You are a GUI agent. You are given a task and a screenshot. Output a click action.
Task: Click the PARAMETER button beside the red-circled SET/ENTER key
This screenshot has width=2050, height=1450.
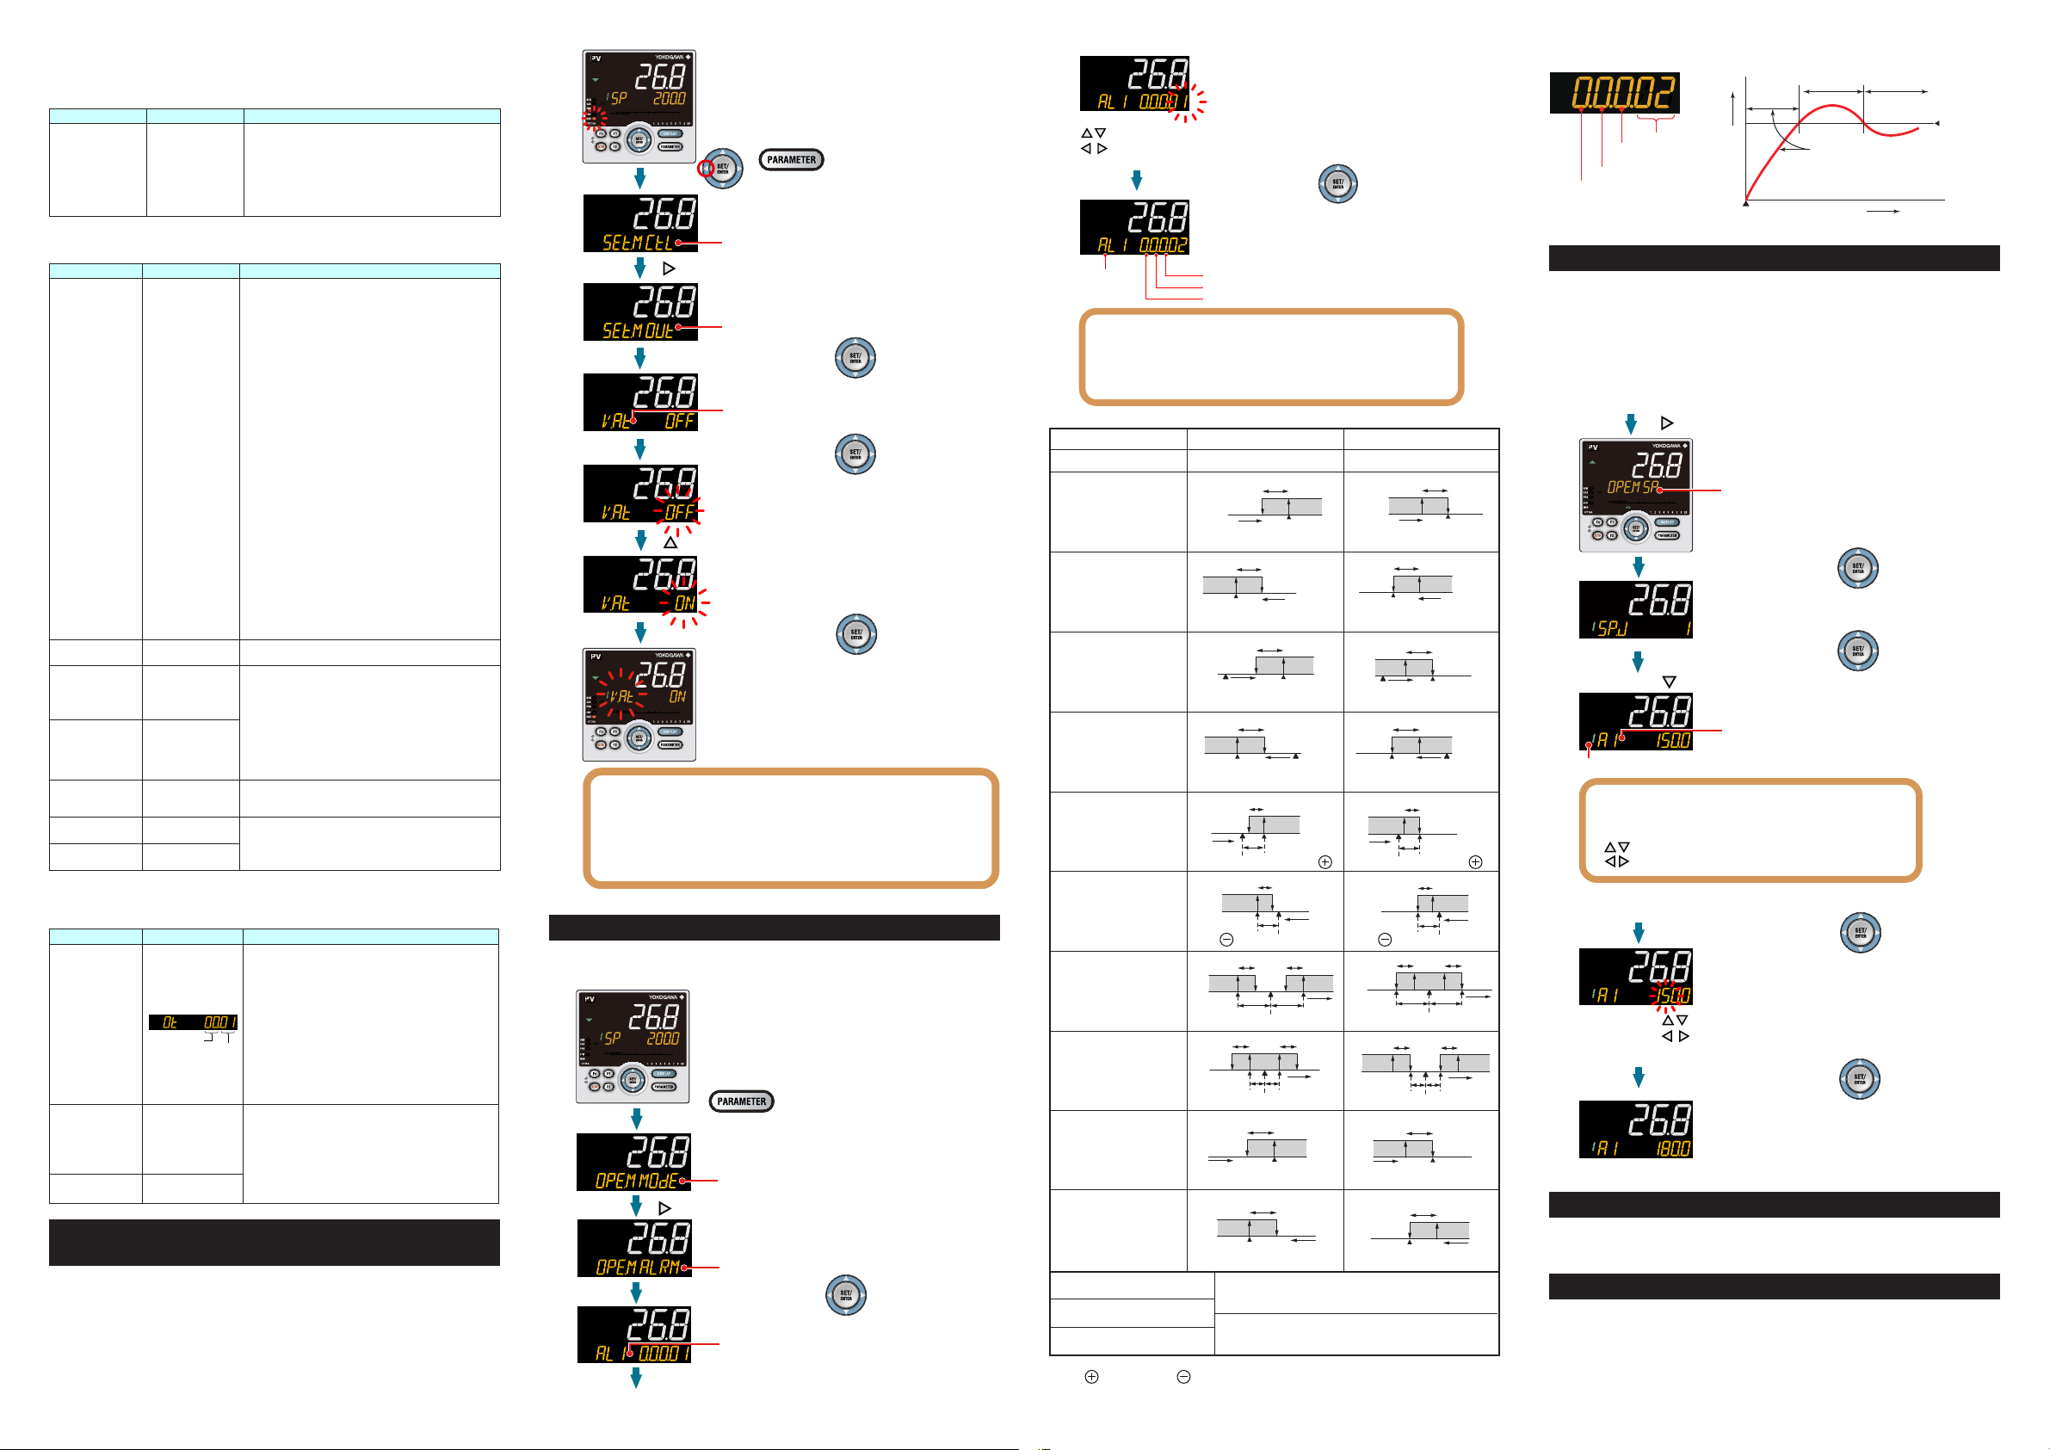[791, 160]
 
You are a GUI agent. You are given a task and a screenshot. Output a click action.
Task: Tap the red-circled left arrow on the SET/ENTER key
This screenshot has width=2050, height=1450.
[707, 168]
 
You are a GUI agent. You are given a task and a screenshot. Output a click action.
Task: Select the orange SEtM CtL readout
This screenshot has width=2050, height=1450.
[638, 243]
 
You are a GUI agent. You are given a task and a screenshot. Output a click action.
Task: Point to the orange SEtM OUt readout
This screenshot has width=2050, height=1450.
[638, 331]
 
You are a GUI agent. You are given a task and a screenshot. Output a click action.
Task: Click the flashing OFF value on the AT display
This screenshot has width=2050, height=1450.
[680, 512]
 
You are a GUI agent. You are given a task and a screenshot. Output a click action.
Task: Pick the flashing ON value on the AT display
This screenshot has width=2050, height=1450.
[684, 603]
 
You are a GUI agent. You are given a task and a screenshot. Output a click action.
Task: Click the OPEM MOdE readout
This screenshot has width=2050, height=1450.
[637, 1182]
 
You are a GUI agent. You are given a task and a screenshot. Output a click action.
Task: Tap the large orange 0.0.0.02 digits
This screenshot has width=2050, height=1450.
[1615, 93]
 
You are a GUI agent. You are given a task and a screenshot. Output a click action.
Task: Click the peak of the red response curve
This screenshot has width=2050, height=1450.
[1831, 106]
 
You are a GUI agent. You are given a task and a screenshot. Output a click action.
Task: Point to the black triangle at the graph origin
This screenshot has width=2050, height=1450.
[1745, 205]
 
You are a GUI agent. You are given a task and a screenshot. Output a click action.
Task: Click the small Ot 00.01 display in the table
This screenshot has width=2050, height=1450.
[193, 1022]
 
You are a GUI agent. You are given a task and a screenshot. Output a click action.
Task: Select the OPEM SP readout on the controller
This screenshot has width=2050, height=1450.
[1632, 488]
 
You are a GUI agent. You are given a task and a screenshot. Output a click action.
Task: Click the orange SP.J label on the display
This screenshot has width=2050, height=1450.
[1613, 629]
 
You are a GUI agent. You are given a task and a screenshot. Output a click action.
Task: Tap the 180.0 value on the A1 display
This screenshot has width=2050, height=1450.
[1672, 1149]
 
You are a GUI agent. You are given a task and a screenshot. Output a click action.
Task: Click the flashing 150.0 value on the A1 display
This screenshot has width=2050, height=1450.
[1672, 995]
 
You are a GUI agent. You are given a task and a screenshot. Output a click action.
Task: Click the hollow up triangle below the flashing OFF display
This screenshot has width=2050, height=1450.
[670, 543]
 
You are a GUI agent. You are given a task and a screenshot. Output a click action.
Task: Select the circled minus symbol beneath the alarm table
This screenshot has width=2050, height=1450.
[1183, 1377]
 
